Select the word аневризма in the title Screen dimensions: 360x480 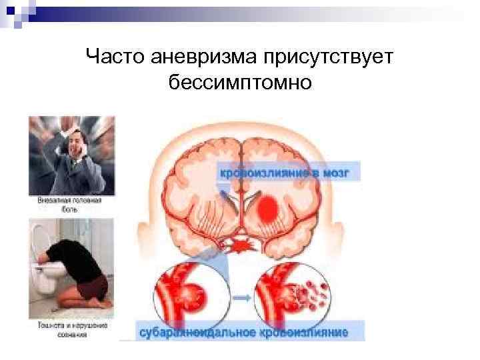197,59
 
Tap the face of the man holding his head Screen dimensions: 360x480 79,148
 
